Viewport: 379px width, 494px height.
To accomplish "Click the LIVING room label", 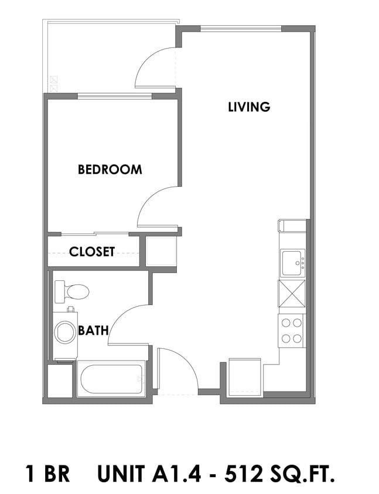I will pos(249,107).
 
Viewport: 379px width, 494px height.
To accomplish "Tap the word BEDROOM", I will pos(110,170).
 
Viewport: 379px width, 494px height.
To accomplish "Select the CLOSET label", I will pos(92,252).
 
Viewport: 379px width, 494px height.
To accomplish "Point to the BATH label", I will pos(93,331).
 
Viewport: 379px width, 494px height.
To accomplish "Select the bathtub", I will pos(111,379).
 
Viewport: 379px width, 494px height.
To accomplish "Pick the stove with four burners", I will pos(292,330).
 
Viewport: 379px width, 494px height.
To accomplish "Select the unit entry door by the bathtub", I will pos(176,369).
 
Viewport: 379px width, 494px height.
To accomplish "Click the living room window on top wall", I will pos(241,28).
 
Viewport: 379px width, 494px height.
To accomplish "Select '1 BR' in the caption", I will pos(47,473).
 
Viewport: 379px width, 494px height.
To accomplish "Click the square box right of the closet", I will pos(161,252).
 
